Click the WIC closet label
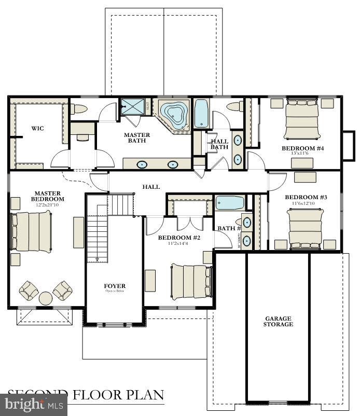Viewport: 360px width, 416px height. (x=37, y=128)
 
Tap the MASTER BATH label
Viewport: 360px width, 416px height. (x=137, y=138)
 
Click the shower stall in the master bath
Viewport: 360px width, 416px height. (x=133, y=107)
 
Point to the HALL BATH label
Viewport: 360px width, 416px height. (x=219, y=144)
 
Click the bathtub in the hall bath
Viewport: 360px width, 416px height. (x=201, y=114)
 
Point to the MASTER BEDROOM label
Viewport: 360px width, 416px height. (x=47, y=196)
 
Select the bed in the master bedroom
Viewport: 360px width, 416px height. (x=32, y=231)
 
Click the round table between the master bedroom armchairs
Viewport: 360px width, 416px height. (x=46, y=298)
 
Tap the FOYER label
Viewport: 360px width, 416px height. (x=115, y=286)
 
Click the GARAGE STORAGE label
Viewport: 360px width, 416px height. (x=278, y=321)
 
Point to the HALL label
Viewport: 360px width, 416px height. (x=151, y=187)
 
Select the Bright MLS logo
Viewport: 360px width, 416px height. (x=34, y=405)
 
